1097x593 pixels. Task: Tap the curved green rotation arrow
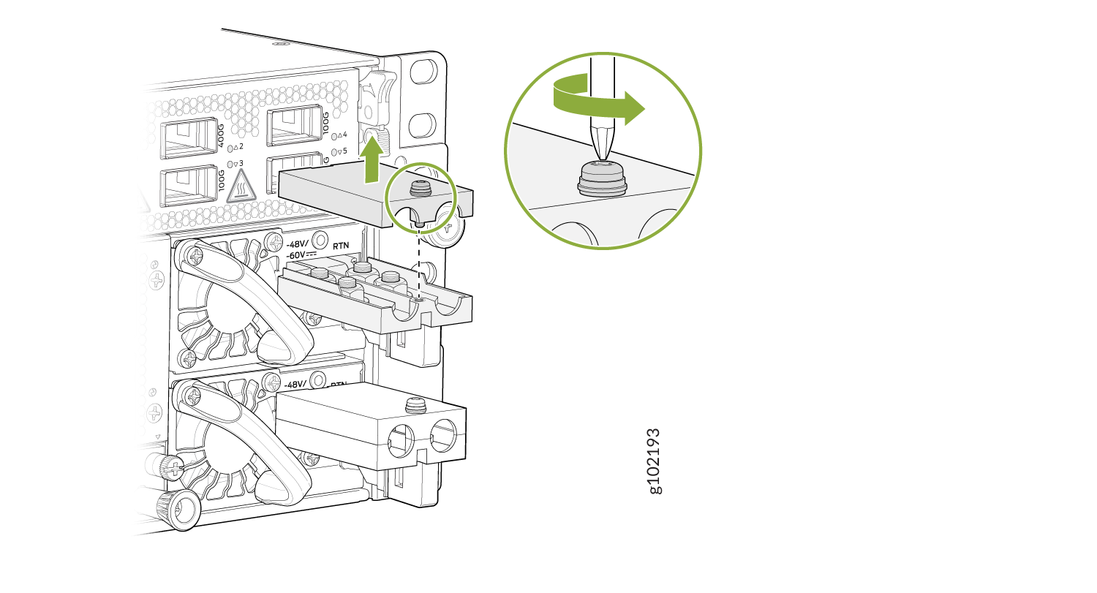tap(600, 100)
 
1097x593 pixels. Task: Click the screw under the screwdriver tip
tap(603, 178)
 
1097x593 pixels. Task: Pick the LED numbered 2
tap(233, 147)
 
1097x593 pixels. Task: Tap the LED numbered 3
tap(233, 163)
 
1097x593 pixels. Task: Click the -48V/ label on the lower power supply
tap(297, 383)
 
